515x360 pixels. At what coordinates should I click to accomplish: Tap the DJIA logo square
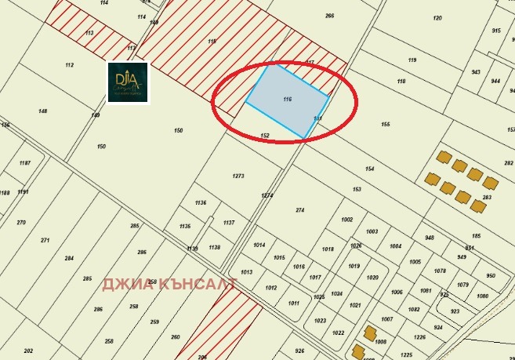point(129,82)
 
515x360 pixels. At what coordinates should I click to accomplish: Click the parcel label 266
point(329,16)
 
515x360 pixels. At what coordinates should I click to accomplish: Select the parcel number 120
point(437,17)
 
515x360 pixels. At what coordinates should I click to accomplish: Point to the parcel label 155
point(385,125)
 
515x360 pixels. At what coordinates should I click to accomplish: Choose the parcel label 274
point(299,210)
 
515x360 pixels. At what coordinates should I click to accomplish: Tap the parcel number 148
point(42,111)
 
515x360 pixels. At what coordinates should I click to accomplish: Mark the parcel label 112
point(70,65)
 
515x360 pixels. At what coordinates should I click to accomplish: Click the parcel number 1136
point(201,203)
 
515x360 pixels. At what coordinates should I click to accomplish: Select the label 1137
point(229,223)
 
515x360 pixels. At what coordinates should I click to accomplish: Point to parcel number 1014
point(259,245)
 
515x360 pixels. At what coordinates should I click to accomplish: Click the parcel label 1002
point(347,220)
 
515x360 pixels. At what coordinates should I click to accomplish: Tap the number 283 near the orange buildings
point(486,198)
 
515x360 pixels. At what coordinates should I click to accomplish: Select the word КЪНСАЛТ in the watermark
point(195,285)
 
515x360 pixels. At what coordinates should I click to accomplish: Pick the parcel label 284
point(69,258)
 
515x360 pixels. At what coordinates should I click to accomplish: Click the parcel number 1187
point(25,163)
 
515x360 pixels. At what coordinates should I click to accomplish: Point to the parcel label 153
point(357,190)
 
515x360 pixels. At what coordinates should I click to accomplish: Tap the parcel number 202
point(29,351)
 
